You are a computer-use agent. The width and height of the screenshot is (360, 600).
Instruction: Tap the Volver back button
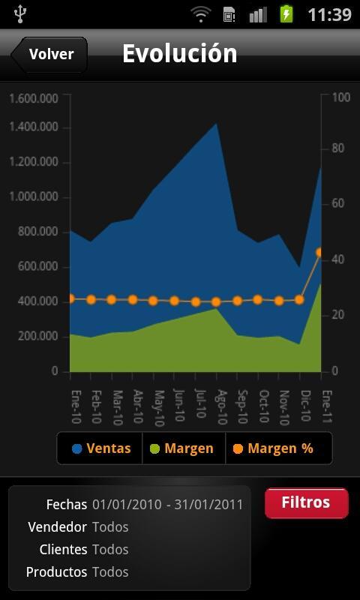click(49, 54)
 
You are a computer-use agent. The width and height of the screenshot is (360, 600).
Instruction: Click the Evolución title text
click(179, 53)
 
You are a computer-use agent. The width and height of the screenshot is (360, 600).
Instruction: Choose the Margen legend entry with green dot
click(182, 448)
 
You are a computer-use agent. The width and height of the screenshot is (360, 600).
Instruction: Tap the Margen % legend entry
click(273, 448)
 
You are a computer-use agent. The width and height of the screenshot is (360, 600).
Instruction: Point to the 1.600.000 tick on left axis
click(34, 97)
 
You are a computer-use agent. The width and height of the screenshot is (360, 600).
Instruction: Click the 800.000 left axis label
click(37, 232)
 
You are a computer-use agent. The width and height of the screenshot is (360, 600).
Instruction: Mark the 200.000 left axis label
click(37, 336)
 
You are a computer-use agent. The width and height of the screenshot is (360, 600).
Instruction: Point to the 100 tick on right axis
click(340, 97)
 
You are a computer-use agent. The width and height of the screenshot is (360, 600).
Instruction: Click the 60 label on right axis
click(338, 203)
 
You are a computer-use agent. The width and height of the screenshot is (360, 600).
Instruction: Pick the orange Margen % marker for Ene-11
click(321, 253)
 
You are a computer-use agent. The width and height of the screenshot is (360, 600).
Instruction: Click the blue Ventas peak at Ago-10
click(217, 125)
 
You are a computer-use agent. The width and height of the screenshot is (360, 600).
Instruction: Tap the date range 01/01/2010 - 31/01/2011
click(167, 505)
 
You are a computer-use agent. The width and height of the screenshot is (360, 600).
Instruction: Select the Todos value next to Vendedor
click(110, 527)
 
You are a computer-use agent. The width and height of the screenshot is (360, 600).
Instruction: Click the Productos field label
click(56, 572)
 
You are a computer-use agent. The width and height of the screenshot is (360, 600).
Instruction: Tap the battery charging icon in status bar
click(286, 13)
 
